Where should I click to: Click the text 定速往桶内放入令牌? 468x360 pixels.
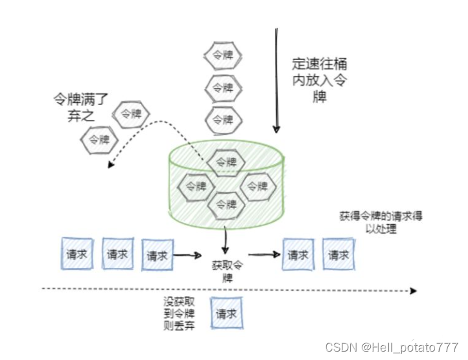[319, 81]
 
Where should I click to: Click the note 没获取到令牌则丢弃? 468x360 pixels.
[180, 314]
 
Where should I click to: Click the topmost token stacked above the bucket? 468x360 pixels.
[223, 55]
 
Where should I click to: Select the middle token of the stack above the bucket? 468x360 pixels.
[223, 87]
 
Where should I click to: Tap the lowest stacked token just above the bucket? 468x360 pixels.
[223, 119]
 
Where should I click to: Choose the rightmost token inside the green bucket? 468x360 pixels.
[257, 185]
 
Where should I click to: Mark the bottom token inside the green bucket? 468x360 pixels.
[226, 205]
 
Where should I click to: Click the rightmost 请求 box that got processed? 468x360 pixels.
[338, 254]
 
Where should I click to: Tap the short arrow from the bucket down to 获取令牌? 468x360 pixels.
[225, 242]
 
